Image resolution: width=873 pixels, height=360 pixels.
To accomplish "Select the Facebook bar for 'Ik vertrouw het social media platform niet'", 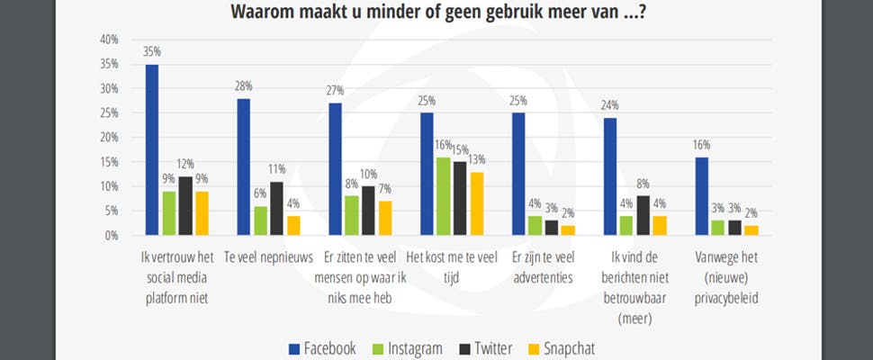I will (152, 150).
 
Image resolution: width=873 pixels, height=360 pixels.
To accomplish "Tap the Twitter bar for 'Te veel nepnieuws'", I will (277, 209).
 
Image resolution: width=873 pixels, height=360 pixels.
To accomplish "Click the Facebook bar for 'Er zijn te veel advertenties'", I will (518, 175).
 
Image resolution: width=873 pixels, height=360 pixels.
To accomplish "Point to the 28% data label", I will (245, 87).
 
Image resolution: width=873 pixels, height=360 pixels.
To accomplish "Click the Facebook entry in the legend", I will (320, 348).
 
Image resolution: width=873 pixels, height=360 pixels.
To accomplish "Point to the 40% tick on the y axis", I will (109, 40).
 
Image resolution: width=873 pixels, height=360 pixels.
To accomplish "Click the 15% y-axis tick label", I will (109, 162).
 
